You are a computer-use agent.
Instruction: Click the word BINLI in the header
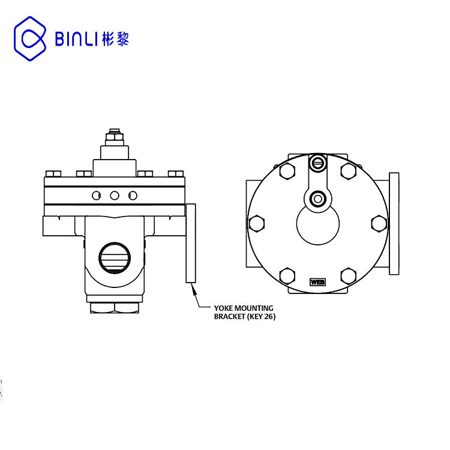point(74,39)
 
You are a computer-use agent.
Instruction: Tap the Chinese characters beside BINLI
point(115,39)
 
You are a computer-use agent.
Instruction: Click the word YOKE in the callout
point(224,308)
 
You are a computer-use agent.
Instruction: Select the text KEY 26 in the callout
point(262,317)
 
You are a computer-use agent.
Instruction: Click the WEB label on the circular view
point(317,282)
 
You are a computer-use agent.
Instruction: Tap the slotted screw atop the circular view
point(317,163)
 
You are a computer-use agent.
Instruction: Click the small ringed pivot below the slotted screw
point(317,199)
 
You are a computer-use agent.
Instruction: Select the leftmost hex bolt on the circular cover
point(257,223)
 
